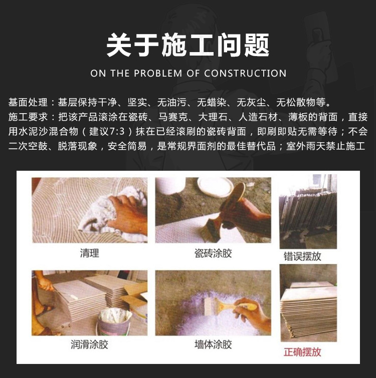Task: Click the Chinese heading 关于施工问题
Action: pyautogui.click(x=188, y=45)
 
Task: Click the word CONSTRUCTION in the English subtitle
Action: pyautogui.click(x=245, y=73)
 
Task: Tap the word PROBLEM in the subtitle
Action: pyautogui.click(x=158, y=73)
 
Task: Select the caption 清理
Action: pyautogui.click(x=90, y=253)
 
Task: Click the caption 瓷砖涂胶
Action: pyautogui.click(x=213, y=253)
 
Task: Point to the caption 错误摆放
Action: pyautogui.click(x=302, y=256)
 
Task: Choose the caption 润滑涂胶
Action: pyautogui.click(x=89, y=344)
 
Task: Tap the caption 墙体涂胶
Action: pyautogui.click(x=213, y=344)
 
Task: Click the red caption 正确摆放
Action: pyautogui.click(x=302, y=352)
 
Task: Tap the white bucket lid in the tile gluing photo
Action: pyautogui.click(x=215, y=187)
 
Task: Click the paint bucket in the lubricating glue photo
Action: pyautogui.click(x=114, y=321)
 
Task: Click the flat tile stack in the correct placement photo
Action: pyautogui.click(x=309, y=311)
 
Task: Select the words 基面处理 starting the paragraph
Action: pyautogui.click(x=28, y=103)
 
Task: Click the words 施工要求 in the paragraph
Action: pyautogui.click(x=28, y=117)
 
